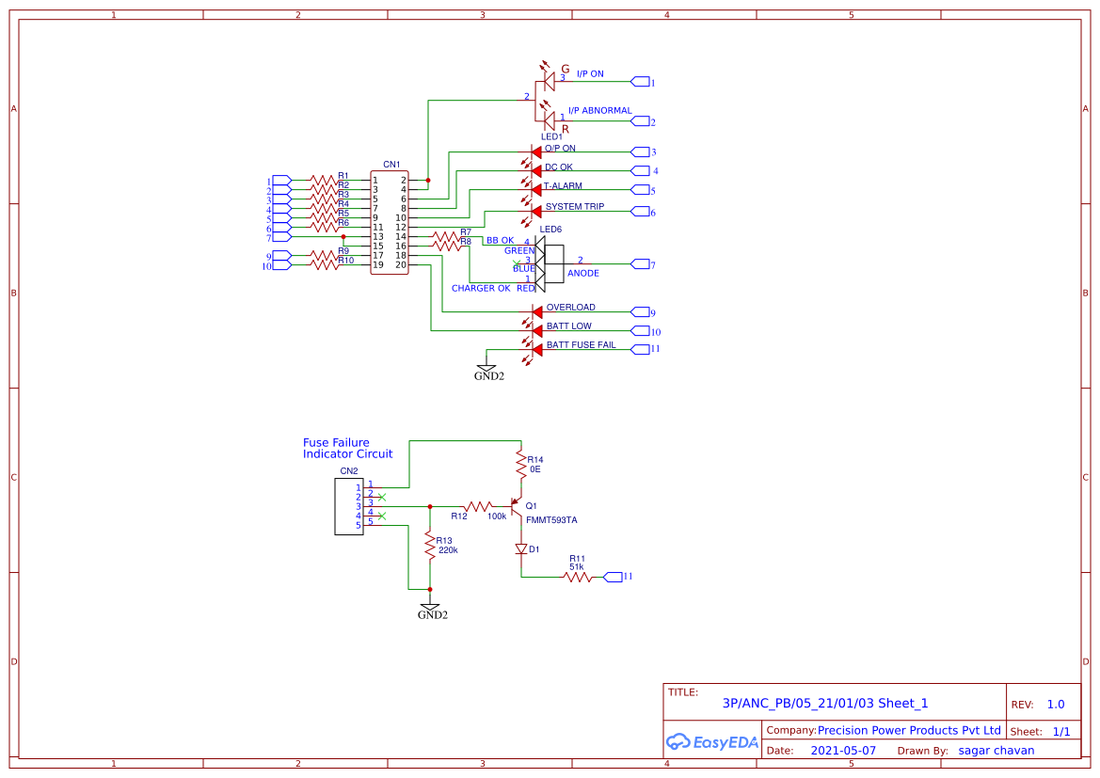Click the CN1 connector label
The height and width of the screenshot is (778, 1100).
[x=391, y=165]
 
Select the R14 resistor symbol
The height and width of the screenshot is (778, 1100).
[x=519, y=462]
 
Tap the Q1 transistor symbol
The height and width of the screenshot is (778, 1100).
[x=516, y=506]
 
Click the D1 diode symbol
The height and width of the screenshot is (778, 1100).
[x=520, y=548]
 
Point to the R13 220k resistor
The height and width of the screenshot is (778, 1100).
[x=429, y=546]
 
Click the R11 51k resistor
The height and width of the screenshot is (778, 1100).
[x=577, y=577]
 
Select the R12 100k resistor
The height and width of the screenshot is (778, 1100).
[x=478, y=506]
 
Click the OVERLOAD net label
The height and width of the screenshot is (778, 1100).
[x=570, y=308]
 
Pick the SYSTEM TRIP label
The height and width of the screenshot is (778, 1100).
[x=575, y=207]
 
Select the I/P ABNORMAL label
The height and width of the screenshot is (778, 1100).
[x=599, y=111]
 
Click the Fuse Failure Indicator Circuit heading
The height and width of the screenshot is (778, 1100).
[x=347, y=449]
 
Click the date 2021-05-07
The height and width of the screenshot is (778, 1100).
[x=843, y=751]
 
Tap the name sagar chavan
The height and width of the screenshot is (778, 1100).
[x=996, y=751]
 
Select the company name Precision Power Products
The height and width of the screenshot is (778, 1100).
[x=909, y=731]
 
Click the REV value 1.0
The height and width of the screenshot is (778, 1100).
[x=1055, y=705]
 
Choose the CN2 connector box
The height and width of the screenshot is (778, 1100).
[x=348, y=506]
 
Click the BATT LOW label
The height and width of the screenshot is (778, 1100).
[x=569, y=326]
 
